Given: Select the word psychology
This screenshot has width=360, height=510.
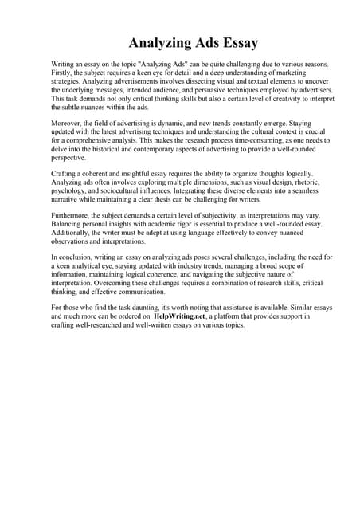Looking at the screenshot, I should point(68,191).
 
